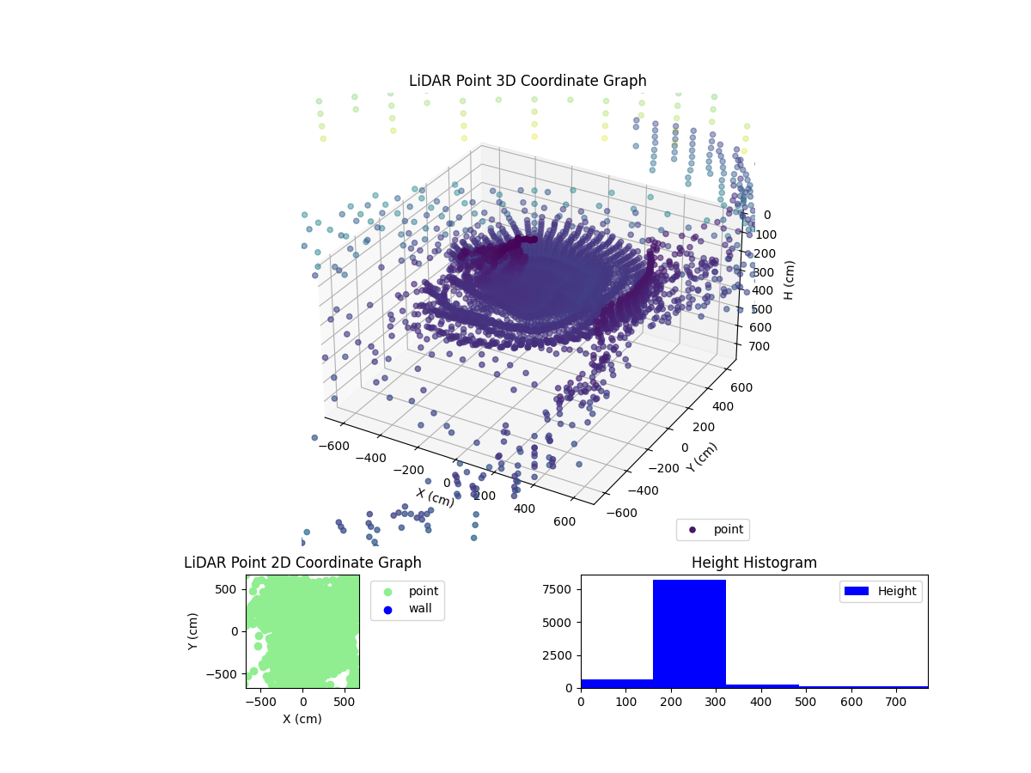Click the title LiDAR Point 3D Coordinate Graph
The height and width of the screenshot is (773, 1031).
coord(528,81)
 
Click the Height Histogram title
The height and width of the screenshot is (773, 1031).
coord(753,563)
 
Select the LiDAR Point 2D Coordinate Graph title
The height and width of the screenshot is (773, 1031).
coord(302,563)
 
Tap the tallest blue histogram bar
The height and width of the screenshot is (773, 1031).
coord(689,634)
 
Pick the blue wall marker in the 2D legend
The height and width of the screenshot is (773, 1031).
coord(387,609)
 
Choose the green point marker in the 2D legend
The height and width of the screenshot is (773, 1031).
coord(387,591)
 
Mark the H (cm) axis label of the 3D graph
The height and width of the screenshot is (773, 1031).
coord(789,280)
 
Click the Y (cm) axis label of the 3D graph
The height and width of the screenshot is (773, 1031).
coord(702,457)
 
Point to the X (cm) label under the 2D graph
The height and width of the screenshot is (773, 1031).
coord(302,719)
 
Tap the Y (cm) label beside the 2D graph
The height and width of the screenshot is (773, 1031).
coord(194,631)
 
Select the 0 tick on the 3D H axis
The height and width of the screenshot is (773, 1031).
coord(767,216)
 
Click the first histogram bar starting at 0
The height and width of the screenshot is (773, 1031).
coord(616,683)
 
